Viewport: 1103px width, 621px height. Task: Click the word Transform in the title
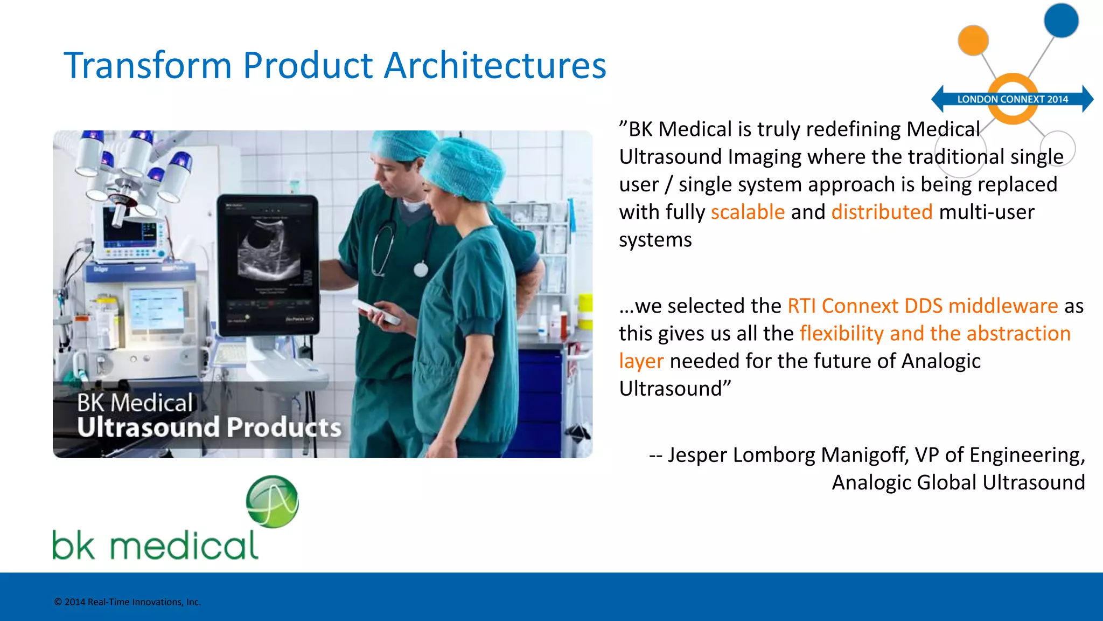click(148, 66)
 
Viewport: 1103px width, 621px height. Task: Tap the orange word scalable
click(748, 212)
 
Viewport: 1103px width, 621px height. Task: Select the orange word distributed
click(882, 212)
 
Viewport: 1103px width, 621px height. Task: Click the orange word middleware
click(1003, 306)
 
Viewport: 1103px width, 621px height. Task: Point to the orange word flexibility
click(841, 334)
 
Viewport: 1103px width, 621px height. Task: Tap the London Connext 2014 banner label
click(1012, 99)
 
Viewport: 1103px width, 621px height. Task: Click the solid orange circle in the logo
click(973, 40)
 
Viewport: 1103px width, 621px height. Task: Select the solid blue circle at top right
click(1060, 20)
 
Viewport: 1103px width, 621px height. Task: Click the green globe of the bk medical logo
click(272, 501)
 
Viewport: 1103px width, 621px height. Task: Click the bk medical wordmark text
click(155, 546)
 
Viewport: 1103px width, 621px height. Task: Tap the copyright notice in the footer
click(127, 602)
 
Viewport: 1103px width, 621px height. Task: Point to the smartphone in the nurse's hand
click(378, 313)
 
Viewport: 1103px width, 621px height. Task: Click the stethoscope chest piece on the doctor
click(421, 269)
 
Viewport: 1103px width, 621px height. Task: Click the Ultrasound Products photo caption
click(209, 427)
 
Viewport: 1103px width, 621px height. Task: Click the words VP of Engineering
click(999, 456)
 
